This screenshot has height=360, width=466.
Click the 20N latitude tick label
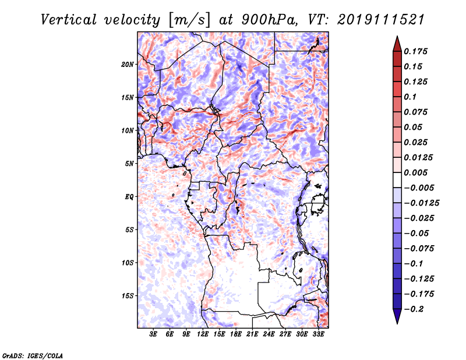(128, 64)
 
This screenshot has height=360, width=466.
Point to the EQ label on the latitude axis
(129, 197)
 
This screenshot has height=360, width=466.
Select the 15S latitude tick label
(128, 296)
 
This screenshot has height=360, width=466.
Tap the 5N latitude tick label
(129, 164)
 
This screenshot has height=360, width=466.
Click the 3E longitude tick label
(154, 334)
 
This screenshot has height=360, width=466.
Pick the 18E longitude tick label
(236, 334)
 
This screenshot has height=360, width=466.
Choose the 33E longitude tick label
(319, 334)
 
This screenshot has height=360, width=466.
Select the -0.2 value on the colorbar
(416, 309)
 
